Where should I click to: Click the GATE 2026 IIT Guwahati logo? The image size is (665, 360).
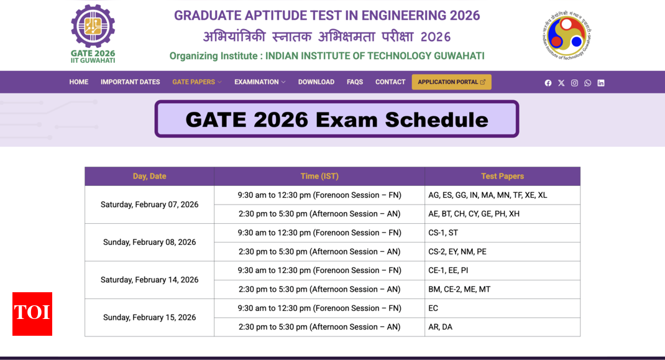point(93,34)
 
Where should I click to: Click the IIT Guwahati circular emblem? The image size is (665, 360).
point(567,35)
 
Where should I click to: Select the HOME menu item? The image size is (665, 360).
point(79,82)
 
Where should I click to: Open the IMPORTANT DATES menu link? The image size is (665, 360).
point(131,82)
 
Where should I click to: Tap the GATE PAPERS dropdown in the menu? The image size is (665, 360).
point(196,82)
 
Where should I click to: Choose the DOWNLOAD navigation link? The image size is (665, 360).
point(316,82)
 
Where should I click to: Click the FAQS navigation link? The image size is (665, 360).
point(355,82)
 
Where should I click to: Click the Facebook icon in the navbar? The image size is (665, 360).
point(548,83)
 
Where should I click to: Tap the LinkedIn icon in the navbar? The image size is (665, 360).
point(601,83)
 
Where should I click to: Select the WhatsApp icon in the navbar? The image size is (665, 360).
point(588,83)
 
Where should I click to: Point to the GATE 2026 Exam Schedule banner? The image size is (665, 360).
point(336,119)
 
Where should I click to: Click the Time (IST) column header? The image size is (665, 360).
point(319,176)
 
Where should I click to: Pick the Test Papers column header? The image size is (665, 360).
point(502,176)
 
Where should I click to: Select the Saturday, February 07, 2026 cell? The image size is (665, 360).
point(150,205)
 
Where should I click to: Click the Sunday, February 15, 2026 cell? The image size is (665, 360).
point(150,318)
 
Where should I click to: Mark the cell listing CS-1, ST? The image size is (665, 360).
point(502,233)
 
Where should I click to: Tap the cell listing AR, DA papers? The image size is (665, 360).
point(502,327)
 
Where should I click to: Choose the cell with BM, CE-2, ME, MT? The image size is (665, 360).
point(502,290)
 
